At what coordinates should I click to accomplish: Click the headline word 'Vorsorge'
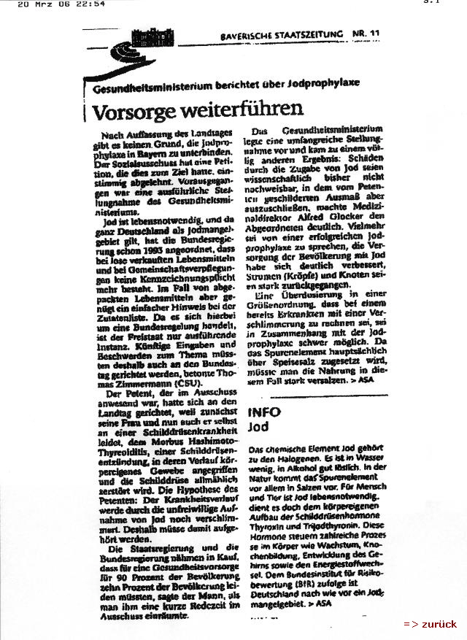[133, 110]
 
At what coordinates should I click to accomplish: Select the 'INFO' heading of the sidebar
[264, 412]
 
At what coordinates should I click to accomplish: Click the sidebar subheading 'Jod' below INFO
[257, 426]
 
